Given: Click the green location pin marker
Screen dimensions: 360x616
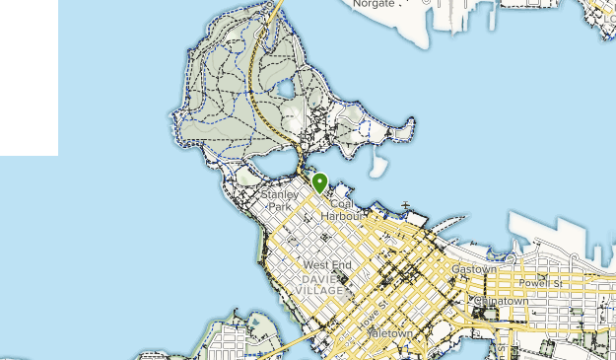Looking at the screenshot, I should pyautogui.click(x=319, y=182).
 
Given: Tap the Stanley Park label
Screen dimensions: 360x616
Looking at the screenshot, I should pyautogui.click(x=280, y=201).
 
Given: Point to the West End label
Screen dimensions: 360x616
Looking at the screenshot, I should pyautogui.click(x=327, y=265).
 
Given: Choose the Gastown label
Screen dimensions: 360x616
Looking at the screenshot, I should pyautogui.click(x=473, y=268).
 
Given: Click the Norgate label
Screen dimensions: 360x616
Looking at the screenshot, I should pyautogui.click(x=375, y=4).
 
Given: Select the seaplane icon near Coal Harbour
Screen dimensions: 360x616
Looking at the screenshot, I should pyautogui.click(x=405, y=206).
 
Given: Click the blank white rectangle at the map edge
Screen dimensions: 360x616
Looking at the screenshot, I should pyautogui.click(x=29, y=78).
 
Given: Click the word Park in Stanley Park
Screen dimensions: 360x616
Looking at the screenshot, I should pyautogui.click(x=281, y=207).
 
